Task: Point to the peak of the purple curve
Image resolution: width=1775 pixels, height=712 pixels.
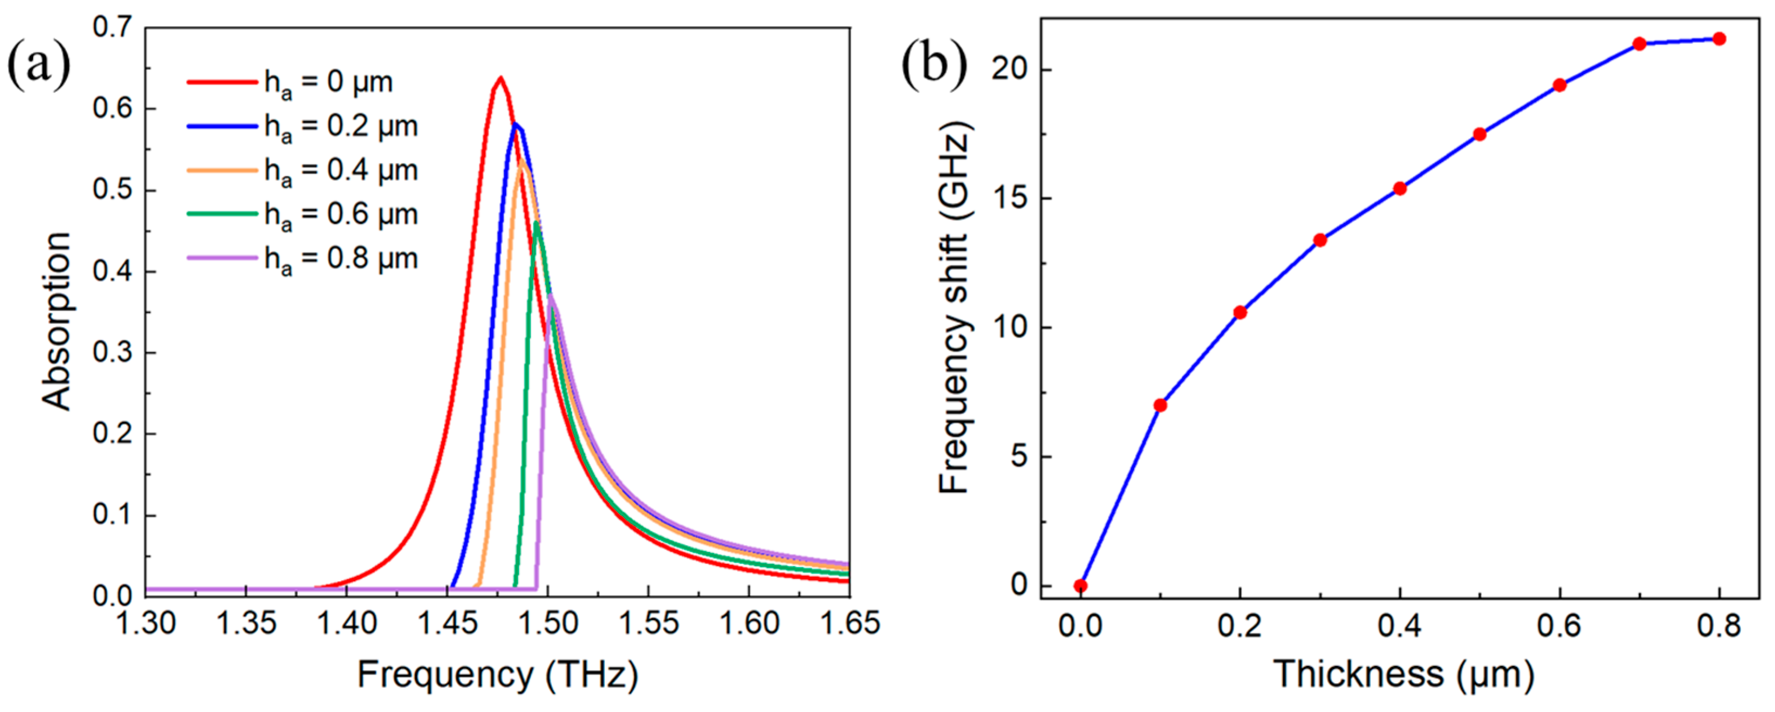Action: (550, 296)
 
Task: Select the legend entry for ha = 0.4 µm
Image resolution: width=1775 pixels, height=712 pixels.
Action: (303, 170)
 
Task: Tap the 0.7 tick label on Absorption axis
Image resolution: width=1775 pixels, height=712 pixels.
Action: (112, 28)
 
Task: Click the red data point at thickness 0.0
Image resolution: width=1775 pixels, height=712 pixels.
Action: (1080, 586)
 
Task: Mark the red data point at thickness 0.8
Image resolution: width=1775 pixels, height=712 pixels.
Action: (1719, 39)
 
